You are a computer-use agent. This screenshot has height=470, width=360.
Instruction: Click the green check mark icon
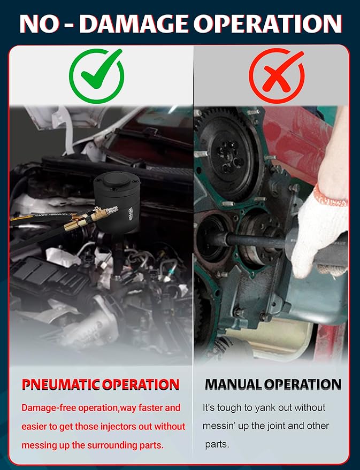click(96, 75)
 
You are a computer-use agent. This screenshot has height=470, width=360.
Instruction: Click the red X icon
click(277, 75)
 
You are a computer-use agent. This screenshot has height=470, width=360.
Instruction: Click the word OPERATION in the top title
click(267, 24)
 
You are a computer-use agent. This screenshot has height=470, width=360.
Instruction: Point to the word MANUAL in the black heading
click(233, 384)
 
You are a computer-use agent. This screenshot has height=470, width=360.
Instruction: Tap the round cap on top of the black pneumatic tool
click(117, 180)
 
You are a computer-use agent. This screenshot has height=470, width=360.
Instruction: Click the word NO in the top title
click(39, 24)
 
